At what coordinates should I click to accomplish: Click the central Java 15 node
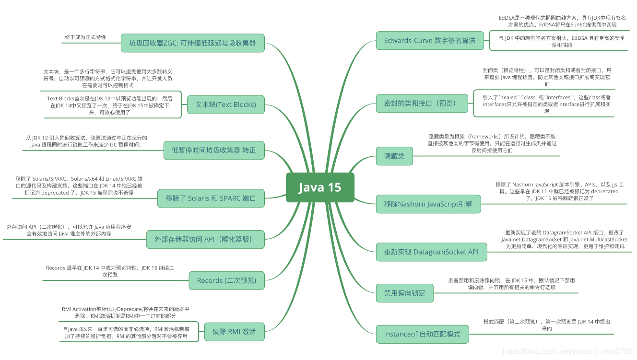pyautogui.click(x=320, y=187)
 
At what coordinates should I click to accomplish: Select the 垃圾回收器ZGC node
pyautogui.click(x=192, y=43)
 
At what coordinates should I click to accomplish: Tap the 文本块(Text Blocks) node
pyautogui.click(x=225, y=105)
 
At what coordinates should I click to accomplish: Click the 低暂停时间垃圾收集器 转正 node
pyautogui.click(x=214, y=151)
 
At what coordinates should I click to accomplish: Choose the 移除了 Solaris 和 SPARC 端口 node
pyautogui.click(x=211, y=198)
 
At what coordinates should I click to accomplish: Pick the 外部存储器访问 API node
pyautogui.click(x=206, y=239)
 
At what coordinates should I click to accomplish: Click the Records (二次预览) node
pyautogui.click(x=226, y=280)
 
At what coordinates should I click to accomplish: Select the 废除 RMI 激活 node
pyautogui.click(x=235, y=331)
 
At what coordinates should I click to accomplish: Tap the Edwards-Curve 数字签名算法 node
pyautogui.click(x=430, y=41)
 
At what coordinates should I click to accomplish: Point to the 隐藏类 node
pyautogui.click(x=394, y=156)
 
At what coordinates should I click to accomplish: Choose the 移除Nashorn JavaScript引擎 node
pyautogui.click(x=428, y=204)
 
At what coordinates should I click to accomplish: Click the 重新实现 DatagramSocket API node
pyautogui.click(x=431, y=252)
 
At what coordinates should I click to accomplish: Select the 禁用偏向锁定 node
pyautogui.click(x=405, y=293)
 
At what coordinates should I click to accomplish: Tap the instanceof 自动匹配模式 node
pyautogui.click(x=422, y=334)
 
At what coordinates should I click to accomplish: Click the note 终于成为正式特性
pyautogui.click(x=85, y=37)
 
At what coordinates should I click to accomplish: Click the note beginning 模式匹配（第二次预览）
pyautogui.click(x=547, y=325)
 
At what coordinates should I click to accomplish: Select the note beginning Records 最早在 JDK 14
pyautogui.click(x=110, y=271)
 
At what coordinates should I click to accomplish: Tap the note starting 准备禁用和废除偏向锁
pyautogui.click(x=511, y=284)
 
